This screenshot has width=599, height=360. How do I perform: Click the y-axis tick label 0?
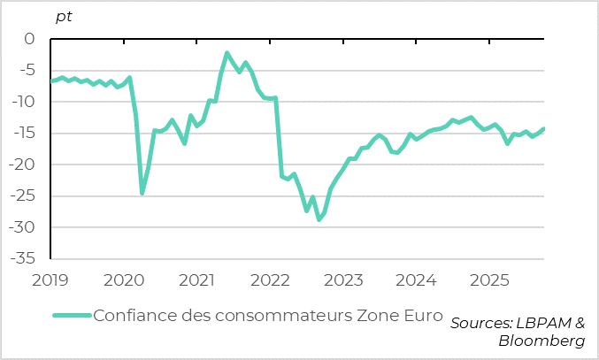pyautogui.click(x=28, y=40)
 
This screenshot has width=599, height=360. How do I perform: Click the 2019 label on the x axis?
pyautogui.click(x=51, y=280)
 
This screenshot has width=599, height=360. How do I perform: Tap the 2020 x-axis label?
pyautogui.click(x=124, y=280)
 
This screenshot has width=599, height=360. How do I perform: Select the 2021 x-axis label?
pyautogui.click(x=197, y=280)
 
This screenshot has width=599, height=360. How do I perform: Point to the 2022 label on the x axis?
pyautogui.click(x=271, y=280)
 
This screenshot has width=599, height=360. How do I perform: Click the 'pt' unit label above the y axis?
pyautogui.click(x=64, y=16)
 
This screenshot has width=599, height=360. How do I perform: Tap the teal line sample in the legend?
pyautogui.click(x=71, y=316)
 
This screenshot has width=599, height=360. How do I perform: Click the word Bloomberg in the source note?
pyautogui.click(x=541, y=341)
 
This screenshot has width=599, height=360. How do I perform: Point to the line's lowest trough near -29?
pyautogui.click(x=319, y=218)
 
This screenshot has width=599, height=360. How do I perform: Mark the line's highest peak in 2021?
pyautogui.click(x=227, y=54)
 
